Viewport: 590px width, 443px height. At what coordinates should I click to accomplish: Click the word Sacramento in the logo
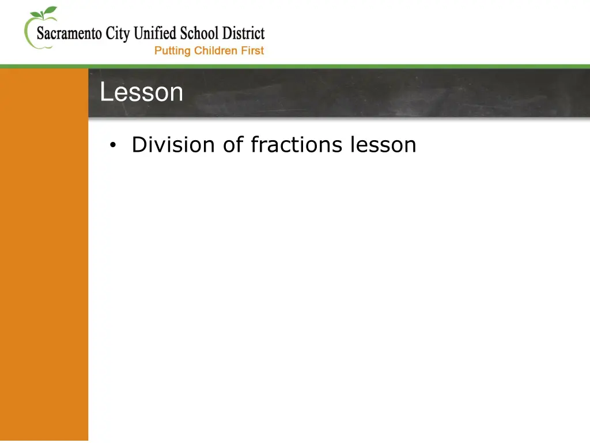pos(70,34)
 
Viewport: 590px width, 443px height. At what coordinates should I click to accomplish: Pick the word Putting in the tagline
pos(172,51)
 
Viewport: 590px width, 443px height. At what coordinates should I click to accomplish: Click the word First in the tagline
pos(252,51)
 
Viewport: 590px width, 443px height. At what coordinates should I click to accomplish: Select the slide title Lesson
pos(141,92)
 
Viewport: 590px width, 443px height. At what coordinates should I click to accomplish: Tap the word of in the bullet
pos(233,144)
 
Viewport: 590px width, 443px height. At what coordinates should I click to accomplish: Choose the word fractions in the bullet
pos(297,144)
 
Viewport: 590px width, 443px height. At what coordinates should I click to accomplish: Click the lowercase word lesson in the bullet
pos(383,144)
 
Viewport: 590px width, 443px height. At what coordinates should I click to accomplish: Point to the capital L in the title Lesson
pos(105,92)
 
